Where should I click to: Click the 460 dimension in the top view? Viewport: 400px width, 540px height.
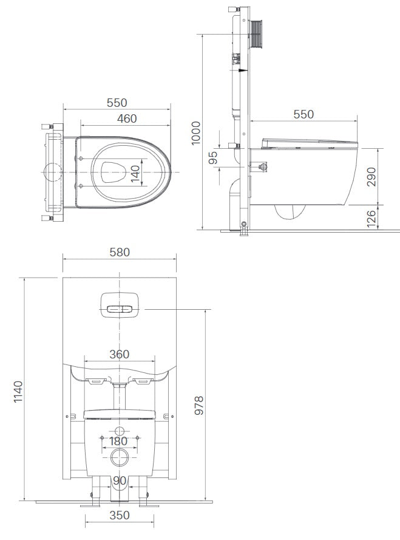[126, 118]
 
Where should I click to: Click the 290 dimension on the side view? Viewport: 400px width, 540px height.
[371, 176]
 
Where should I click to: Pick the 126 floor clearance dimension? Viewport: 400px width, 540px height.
[371, 217]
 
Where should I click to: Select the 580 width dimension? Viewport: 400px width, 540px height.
[119, 251]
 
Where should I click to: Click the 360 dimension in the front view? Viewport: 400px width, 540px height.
[119, 354]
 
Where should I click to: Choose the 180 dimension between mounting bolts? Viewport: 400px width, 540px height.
[119, 441]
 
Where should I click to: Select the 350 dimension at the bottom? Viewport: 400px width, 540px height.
[119, 516]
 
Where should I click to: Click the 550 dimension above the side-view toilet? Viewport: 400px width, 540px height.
[303, 114]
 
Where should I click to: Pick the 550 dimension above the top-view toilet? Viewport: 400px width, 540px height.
[117, 103]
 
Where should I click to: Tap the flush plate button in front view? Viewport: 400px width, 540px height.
[119, 309]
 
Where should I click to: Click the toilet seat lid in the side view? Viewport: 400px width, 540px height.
[310, 143]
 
